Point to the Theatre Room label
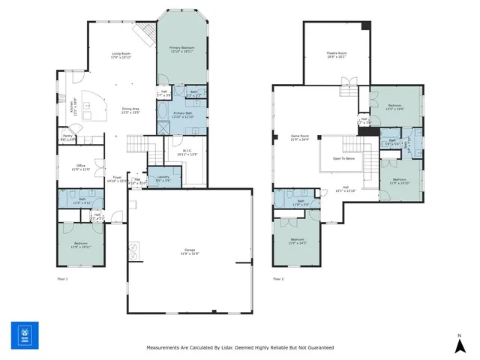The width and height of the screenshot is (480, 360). [336, 53]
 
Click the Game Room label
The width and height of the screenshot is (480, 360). [301, 136]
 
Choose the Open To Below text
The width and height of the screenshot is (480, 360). [343, 159]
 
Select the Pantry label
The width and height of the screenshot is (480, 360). [67, 136]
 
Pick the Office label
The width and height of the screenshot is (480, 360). [80, 166]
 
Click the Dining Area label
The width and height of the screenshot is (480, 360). [131, 109]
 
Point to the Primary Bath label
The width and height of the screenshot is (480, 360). [183, 114]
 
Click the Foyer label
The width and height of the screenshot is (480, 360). [117, 177]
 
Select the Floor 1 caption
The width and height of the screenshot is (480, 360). [62, 279]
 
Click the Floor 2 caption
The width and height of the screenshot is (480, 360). [277, 279]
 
